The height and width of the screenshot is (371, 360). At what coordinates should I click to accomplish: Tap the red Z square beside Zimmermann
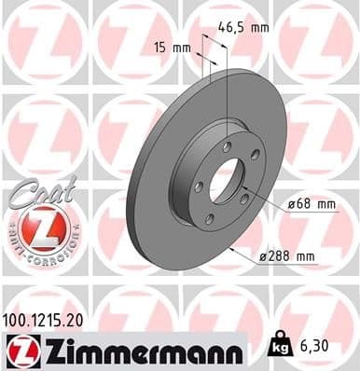[19, 349]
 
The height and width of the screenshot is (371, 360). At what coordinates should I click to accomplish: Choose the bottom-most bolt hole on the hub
[209, 220]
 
